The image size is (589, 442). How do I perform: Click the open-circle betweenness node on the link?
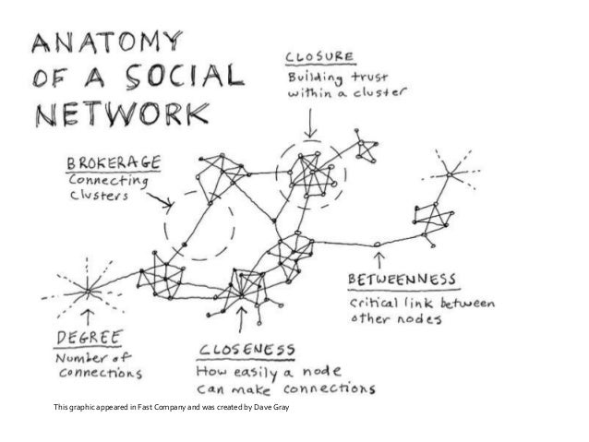378,245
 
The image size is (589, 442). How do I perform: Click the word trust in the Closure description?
361,77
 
